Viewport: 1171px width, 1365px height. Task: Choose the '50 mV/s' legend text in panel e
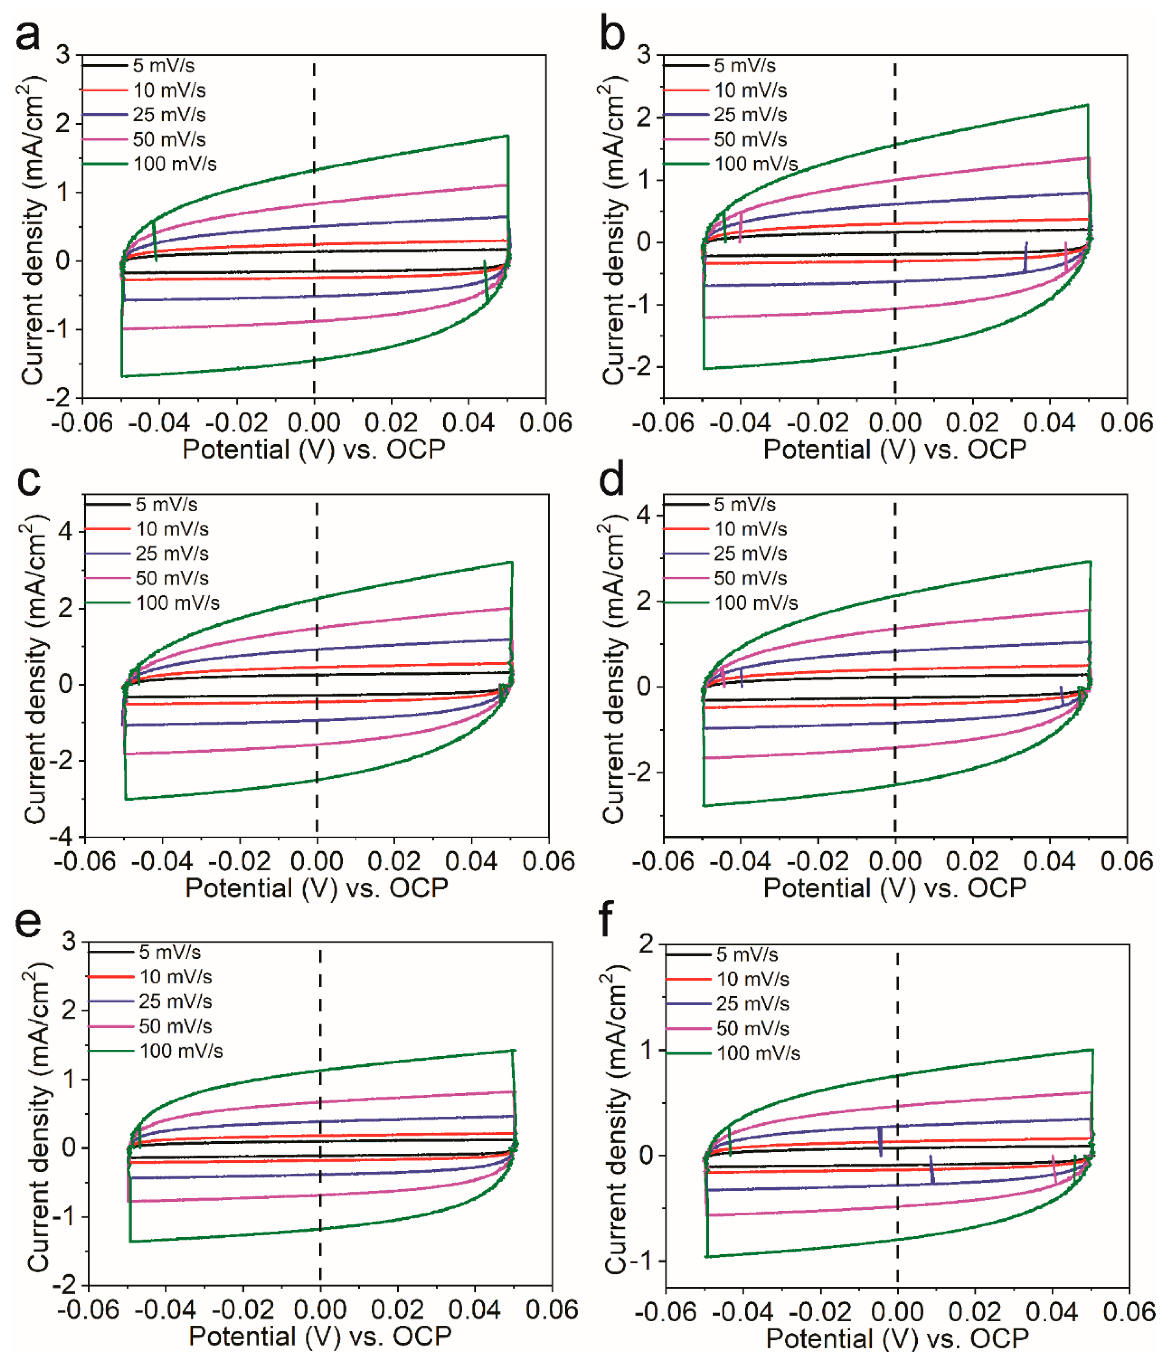tap(175, 1026)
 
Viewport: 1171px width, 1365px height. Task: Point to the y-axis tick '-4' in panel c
tap(65, 837)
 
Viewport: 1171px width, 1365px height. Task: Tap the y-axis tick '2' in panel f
tap(647, 944)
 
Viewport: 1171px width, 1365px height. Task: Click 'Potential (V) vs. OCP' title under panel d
tap(894, 888)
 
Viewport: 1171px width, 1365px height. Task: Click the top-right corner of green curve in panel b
tap(1087, 105)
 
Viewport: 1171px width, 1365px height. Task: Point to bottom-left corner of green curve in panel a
tap(122, 376)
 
